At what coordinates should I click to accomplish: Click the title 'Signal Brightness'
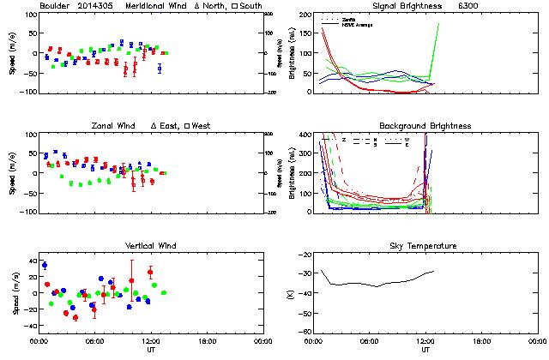coord(421,5)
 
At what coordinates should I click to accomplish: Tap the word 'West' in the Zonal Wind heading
coord(201,126)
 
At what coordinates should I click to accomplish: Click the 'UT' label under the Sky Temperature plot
coord(425,350)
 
